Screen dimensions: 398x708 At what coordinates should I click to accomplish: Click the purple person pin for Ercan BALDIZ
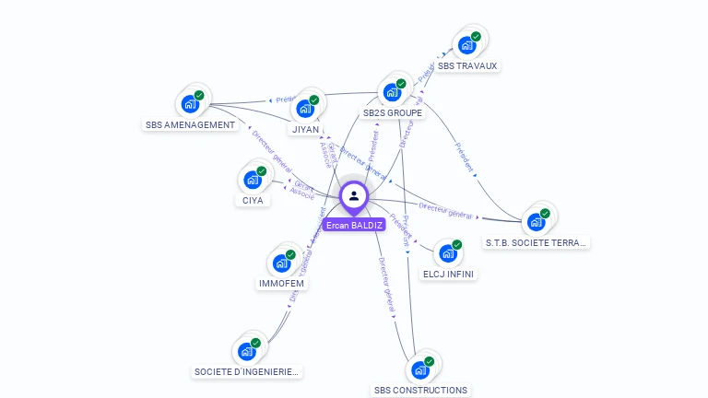[354, 196]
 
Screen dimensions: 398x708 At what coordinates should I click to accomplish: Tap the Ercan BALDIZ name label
[354, 225]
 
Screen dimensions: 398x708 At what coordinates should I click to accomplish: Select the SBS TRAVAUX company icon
[466, 46]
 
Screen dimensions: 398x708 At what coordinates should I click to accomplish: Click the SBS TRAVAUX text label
[467, 66]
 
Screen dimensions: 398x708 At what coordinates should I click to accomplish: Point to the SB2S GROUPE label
[393, 113]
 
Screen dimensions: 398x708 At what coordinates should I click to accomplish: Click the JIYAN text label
[306, 130]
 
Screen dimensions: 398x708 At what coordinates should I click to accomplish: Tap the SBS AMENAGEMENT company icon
[191, 104]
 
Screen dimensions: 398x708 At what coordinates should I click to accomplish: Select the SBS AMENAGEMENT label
[191, 124]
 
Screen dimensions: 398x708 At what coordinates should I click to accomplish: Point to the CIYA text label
[253, 200]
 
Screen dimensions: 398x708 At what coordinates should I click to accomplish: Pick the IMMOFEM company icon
[281, 263]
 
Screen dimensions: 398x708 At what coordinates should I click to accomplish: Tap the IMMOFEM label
[281, 284]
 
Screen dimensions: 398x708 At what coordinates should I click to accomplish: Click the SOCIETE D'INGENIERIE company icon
[246, 351]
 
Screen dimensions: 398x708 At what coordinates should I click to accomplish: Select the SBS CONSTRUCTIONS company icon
[420, 369]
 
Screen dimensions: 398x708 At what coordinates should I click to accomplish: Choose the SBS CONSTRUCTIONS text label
[420, 391]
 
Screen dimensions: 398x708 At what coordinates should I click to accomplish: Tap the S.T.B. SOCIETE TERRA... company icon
[536, 222]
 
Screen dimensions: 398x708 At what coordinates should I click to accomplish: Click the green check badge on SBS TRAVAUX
[476, 37]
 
